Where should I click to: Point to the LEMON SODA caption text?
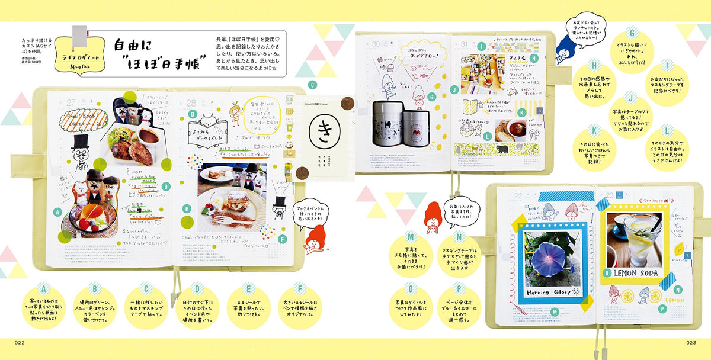click(x=630, y=274)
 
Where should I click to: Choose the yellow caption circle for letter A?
click(x=43, y=306)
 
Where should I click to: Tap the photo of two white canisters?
click(x=396, y=124)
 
